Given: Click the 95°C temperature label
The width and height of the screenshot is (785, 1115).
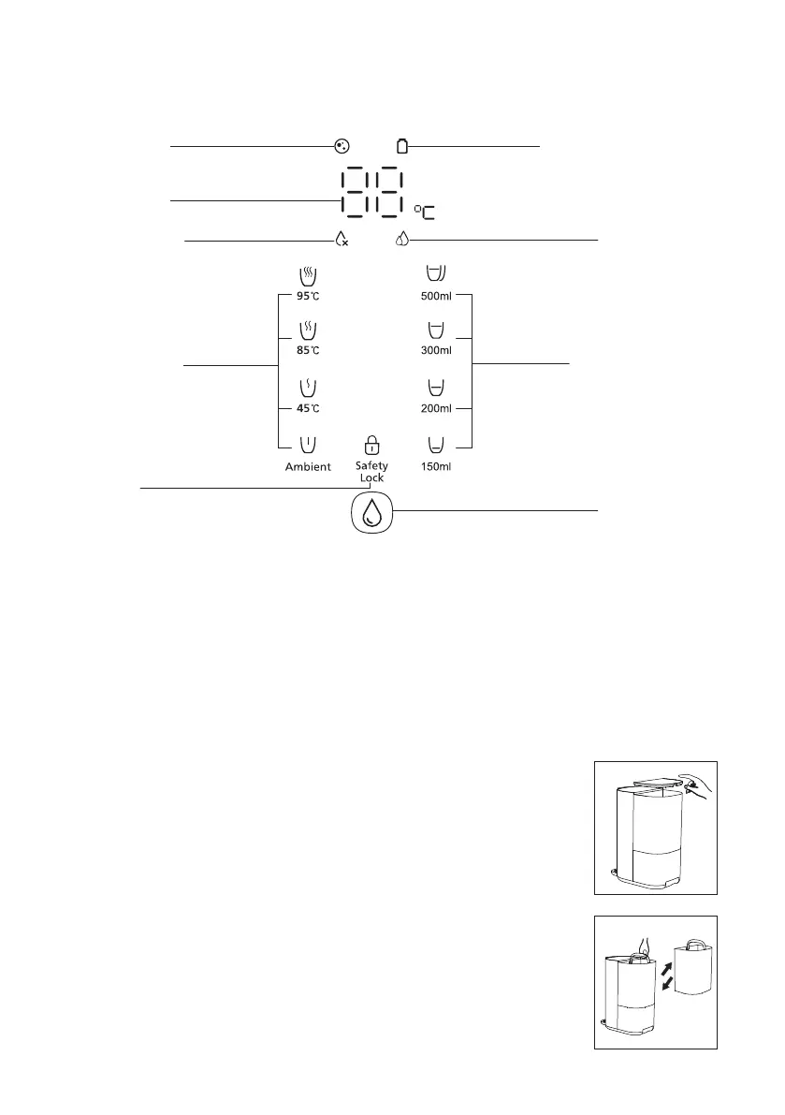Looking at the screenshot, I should pos(309,295).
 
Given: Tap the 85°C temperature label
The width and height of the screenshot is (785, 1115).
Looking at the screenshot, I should pos(309,350).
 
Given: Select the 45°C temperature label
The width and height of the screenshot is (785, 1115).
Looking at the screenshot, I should pos(309,407).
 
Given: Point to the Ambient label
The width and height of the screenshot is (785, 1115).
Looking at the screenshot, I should pos(308,466).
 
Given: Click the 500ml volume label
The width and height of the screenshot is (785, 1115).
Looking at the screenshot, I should pos(436,295).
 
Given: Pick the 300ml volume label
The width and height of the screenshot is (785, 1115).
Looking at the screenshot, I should pos(436,350).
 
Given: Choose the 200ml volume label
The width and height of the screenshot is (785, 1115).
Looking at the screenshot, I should pos(436,407).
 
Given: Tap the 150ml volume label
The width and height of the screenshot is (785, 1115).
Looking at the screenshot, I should pos(436,466).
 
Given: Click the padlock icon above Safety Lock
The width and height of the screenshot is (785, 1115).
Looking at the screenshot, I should pos(371,445).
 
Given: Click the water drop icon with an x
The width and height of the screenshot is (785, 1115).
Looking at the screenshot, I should pos(342,240).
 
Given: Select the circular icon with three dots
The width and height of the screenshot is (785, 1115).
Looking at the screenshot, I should pos(342,146).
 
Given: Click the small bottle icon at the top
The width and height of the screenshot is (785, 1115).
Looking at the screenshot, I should pos(402,146).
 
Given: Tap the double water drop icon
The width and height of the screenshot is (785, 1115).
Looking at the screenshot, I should pos(402,240).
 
